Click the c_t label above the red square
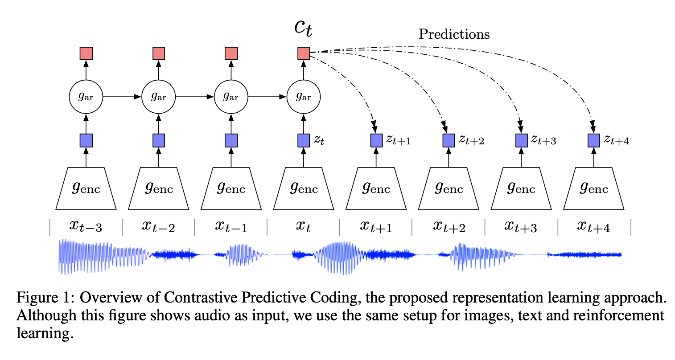[x=304, y=28]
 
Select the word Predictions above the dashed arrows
[x=454, y=34]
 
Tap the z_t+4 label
[x=617, y=140]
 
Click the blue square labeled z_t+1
[x=377, y=141]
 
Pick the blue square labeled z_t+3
[x=522, y=141]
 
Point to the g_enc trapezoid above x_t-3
[x=86, y=188]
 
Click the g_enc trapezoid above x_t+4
[x=594, y=188]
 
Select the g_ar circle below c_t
[x=304, y=96]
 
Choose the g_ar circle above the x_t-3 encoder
[x=86, y=96]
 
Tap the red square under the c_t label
[x=304, y=53]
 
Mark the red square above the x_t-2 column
[x=159, y=53]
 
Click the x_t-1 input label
[x=231, y=226]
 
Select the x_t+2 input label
[x=449, y=226]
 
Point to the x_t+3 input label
[x=521, y=226]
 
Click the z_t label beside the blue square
[x=319, y=140]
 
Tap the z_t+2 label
[x=472, y=140]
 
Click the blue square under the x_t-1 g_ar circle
[x=231, y=141]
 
